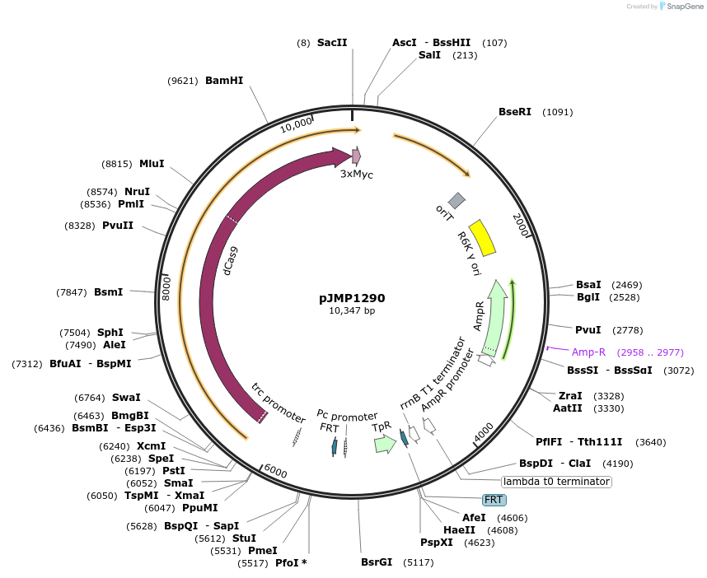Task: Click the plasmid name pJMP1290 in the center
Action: (352, 298)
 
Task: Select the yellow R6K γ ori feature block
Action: (481, 237)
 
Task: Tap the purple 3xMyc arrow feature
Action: (357, 156)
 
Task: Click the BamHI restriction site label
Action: (224, 81)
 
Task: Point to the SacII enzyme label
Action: (332, 42)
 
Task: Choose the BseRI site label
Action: (515, 112)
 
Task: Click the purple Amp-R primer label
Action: (588, 352)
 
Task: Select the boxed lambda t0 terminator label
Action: (556, 481)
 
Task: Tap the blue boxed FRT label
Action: (494, 500)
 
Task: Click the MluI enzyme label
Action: (152, 163)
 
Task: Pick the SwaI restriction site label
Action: (126, 398)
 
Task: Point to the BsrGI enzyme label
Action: (377, 562)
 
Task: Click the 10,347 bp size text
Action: (352, 311)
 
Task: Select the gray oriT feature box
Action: (456, 200)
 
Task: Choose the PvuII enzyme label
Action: (118, 226)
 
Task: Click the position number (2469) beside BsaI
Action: (626, 285)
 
